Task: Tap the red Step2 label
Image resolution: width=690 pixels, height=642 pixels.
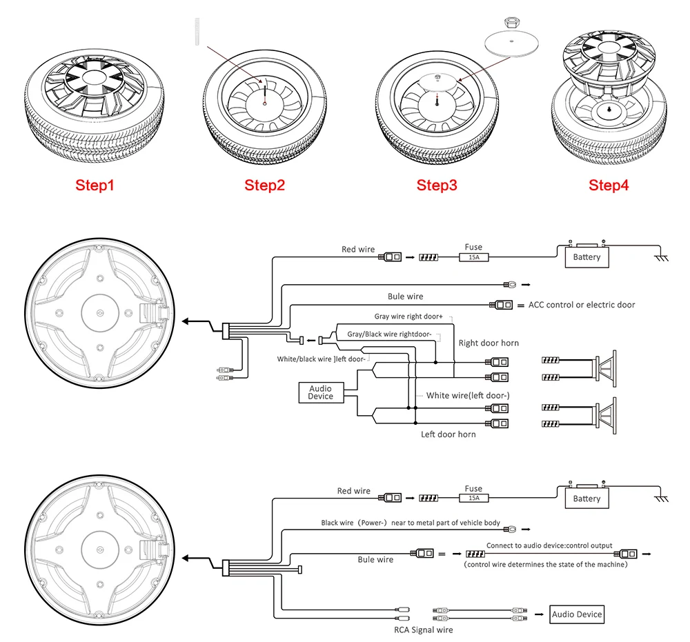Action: [264, 185]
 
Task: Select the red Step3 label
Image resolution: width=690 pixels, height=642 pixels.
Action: [436, 185]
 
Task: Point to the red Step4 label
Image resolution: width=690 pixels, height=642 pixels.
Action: [609, 185]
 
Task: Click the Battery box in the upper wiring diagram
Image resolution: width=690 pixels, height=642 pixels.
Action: [586, 257]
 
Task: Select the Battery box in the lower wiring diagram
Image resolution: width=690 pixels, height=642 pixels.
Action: [586, 498]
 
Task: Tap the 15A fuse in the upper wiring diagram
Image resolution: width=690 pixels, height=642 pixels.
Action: [474, 257]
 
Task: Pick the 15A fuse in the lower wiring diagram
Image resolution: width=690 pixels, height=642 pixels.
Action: [474, 498]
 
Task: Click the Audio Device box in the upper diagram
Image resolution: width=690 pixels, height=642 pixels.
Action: [320, 392]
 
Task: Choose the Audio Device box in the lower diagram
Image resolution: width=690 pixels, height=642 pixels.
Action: [577, 614]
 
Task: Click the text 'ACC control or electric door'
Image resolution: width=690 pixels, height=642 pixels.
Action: [582, 305]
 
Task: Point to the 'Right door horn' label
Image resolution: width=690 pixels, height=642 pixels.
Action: [489, 343]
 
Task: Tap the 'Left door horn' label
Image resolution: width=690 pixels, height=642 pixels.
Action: [448, 434]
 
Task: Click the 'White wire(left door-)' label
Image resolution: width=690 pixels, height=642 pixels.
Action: [468, 395]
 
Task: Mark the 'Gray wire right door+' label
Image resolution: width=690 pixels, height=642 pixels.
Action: [407, 317]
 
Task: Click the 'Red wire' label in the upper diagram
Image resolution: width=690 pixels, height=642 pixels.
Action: [358, 250]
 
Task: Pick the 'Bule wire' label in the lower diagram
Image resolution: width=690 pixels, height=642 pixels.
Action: [375, 559]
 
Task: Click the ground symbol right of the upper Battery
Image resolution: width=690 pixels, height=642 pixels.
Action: [660, 257]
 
